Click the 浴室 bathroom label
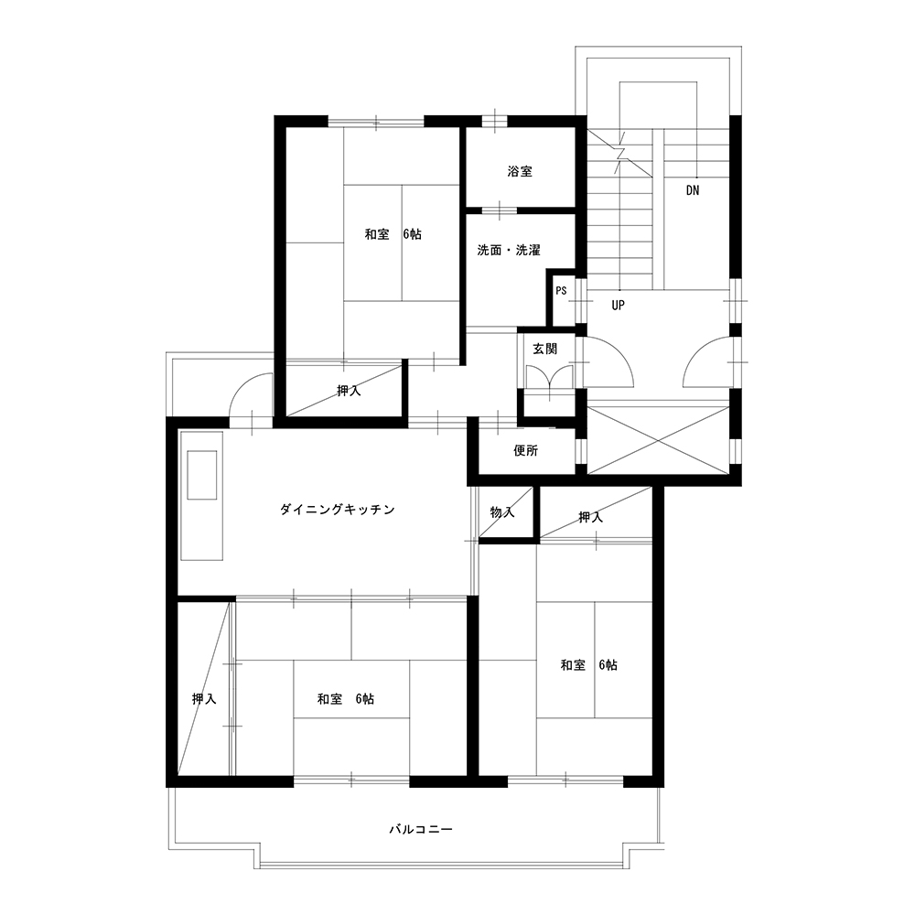click(x=520, y=172)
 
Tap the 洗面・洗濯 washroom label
click(x=509, y=251)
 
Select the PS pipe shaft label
click(x=561, y=291)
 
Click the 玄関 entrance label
click(x=545, y=349)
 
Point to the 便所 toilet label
click(x=526, y=450)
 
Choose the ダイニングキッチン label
click(x=338, y=510)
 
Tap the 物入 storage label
click(x=502, y=512)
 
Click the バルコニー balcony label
click(x=421, y=829)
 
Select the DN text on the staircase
click(x=693, y=190)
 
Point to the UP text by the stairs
click(x=618, y=306)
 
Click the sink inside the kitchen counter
click(x=201, y=474)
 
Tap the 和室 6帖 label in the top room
click(x=393, y=234)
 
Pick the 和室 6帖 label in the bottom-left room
click(x=346, y=699)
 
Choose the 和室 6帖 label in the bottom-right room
click(x=588, y=665)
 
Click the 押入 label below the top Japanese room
click(x=349, y=391)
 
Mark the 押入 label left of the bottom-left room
click(x=204, y=699)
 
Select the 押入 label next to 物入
click(x=590, y=517)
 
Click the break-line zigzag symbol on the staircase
click(x=620, y=154)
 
